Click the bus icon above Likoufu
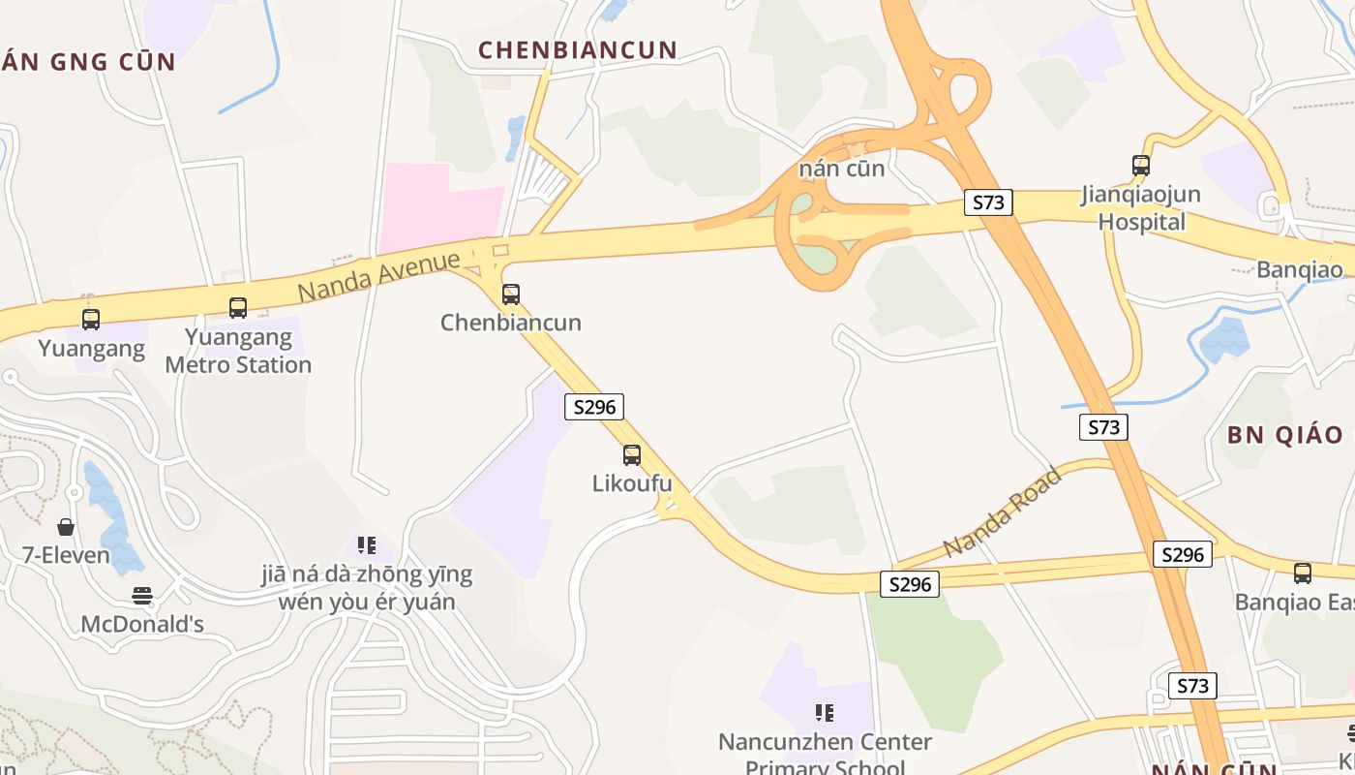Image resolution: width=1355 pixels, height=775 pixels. [x=632, y=454]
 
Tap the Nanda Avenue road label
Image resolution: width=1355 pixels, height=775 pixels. [x=378, y=275]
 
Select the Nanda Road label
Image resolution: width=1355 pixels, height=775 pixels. [x=1002, y=513]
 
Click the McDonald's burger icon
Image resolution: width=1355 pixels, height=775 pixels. [x=142, y=596]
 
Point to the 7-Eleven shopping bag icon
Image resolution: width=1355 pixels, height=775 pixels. [x=66, y=527]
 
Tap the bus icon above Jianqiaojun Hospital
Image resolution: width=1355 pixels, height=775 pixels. [x=1141, y=166]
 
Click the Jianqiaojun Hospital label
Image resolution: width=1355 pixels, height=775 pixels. [x=1141, y=208]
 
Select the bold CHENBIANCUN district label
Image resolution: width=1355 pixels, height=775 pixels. [x=578, y=50]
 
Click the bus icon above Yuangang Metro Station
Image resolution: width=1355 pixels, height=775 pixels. [x=238, y=308]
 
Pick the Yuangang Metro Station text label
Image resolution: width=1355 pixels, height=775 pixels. [x=238, y=351]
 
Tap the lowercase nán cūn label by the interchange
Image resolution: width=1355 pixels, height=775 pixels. [x=842, y=169]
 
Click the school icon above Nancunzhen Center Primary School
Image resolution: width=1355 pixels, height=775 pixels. [x=825, y=714]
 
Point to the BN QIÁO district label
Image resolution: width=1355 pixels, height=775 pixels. [x=1285, y=434]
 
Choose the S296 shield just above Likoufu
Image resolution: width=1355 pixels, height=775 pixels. [x=594, y=407]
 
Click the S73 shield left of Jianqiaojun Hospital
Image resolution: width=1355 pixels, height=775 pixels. [x=988, y=202]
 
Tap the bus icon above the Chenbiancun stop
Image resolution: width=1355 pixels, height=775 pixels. [x=511, y=294]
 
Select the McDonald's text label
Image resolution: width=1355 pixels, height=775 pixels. [x=142, y=624]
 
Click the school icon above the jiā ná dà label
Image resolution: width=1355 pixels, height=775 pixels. [x=366, y=545]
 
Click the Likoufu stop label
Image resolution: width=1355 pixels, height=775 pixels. [x=632, y=482]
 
